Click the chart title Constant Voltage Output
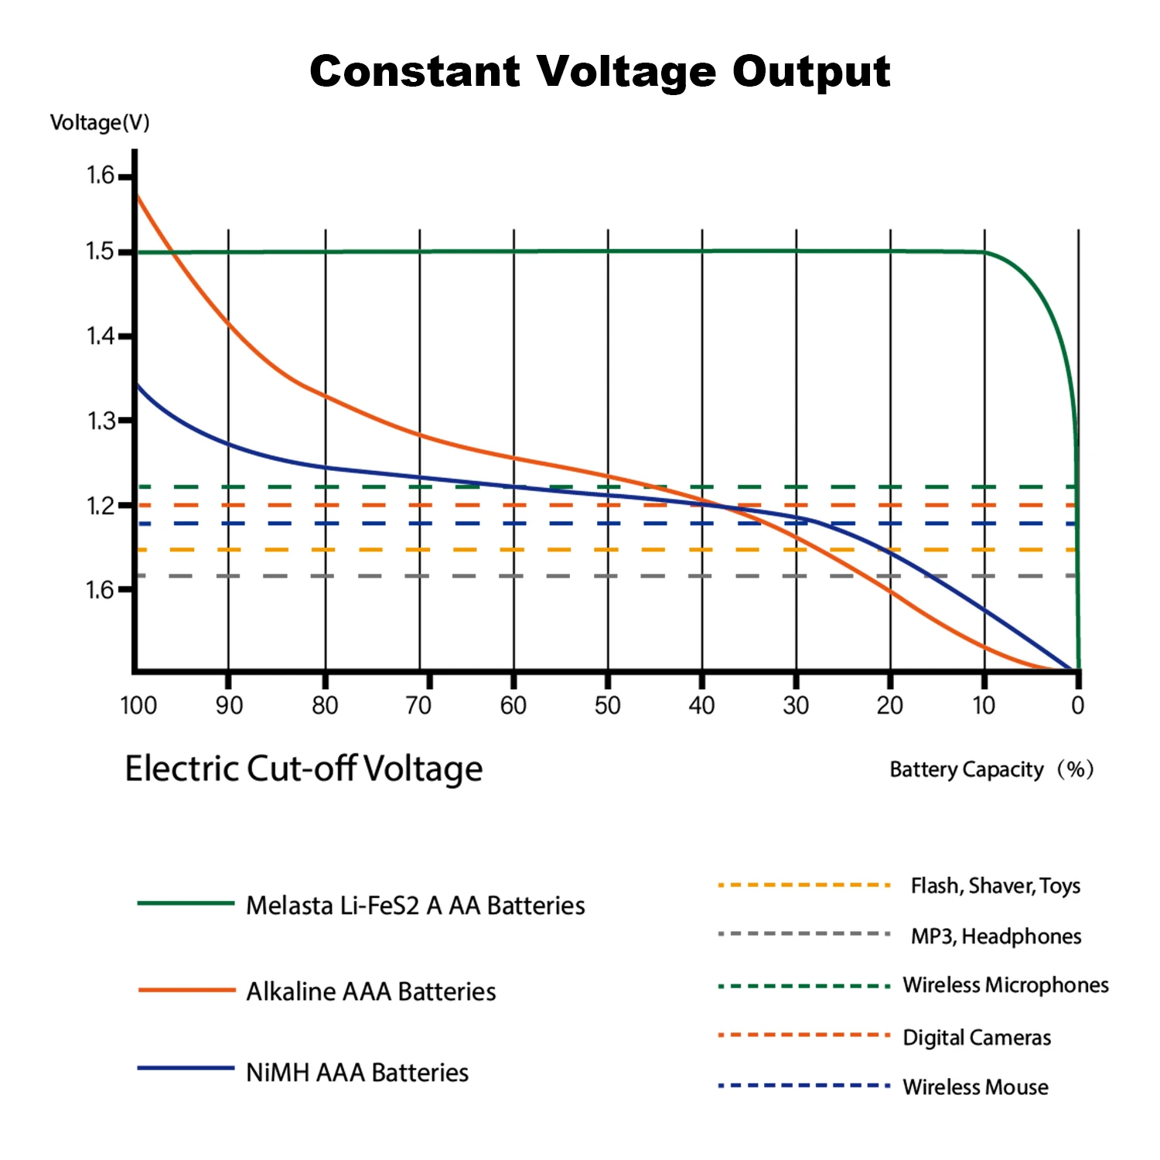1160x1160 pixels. tap(599, 72)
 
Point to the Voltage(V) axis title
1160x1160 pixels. tap(100, 123)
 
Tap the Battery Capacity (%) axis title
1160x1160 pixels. tap(991, 769)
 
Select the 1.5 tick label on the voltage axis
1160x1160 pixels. tap(100, 251)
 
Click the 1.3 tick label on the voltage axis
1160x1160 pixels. tap(100, 421)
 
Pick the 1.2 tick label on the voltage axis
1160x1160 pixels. tap(100, 506)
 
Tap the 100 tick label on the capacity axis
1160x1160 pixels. tap(138, 705)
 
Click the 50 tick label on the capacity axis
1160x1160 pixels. tap(607, 705)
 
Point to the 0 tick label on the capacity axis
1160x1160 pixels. tap(1077, 705)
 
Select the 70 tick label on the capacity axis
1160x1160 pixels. tap(418, 705)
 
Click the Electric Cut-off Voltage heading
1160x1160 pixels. tap(304, 769)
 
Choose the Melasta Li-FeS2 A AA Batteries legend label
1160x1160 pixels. tap(415, 906)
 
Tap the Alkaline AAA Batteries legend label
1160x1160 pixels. tap(371, 991)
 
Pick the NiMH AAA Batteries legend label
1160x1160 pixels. tap(357, 1073)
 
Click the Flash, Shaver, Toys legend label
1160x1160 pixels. tap(995, 885)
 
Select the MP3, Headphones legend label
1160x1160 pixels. tap(996, 937)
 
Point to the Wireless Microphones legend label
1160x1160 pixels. tap(1005, 985)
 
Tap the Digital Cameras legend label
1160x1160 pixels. tap(977, 1037)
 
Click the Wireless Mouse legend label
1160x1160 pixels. tap(975, 1087)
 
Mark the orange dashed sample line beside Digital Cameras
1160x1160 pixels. tap(803, 1035)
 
